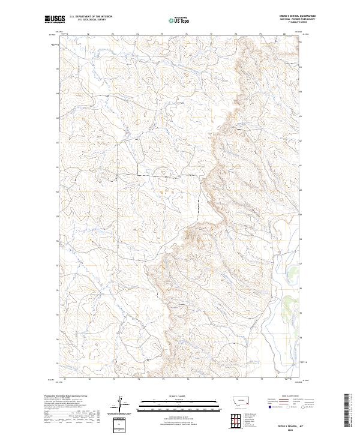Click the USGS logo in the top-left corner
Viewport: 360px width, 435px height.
click(54, 19)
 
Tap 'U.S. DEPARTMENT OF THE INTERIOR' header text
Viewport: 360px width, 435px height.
click(91, 17)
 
